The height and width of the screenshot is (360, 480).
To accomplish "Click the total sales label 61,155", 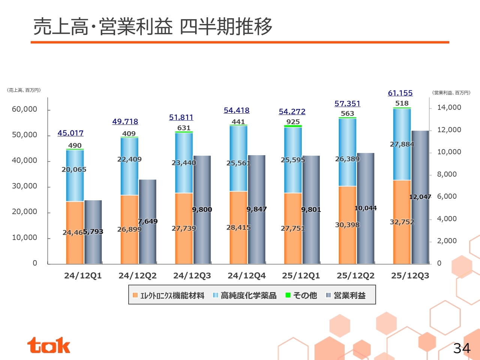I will [400, 93].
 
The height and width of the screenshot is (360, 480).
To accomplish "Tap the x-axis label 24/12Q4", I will [246, 276].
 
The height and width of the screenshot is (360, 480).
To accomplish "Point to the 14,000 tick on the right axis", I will [449, 107].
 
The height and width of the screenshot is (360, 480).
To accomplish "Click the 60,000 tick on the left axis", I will [24, 109].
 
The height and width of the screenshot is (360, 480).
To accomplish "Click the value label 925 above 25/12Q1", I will [293, 121].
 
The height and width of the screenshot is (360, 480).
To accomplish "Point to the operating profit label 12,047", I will [420, 197].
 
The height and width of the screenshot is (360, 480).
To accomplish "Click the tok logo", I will [48, 345].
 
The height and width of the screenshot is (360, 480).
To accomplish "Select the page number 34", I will [462, 348].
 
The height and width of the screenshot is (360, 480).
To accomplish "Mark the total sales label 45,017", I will [70, 133].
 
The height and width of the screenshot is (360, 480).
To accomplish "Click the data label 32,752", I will [402, 222].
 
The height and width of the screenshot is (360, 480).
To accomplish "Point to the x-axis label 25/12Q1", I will [301, 276].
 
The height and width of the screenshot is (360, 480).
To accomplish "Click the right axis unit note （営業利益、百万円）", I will [451, 93].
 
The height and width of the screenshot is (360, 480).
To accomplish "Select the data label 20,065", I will [74, 169].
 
